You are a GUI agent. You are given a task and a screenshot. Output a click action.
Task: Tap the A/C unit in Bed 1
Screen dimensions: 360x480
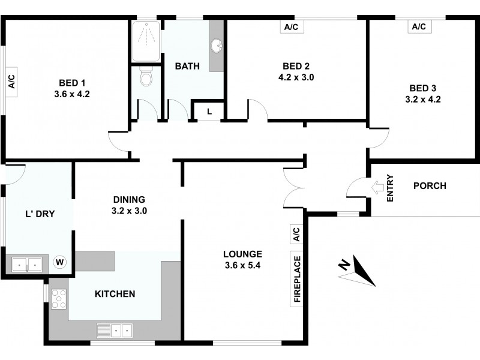click(x=11, y=83)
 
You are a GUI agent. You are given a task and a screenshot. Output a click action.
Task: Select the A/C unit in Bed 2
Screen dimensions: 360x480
click(x=292, y=27)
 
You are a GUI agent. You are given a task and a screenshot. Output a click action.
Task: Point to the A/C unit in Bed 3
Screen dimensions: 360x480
click(x=418, y=27)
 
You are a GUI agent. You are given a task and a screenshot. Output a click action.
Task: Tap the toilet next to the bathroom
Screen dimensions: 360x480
click(x=146, y=77)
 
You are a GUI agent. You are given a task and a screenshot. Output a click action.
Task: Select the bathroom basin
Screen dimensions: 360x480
click(x=217, y=46)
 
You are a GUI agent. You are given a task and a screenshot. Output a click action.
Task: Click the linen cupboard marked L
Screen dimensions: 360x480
click(x=209, y=111)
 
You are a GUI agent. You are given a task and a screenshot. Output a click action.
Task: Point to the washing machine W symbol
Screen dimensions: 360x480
click(x=60, y=262)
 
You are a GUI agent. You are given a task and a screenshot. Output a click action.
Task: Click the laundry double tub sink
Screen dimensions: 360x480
click(x=28, y=264)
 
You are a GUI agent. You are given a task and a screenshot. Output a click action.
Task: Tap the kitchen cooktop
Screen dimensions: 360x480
click(x=59, y=298)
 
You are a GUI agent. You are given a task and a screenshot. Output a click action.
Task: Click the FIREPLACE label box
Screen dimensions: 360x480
click(x=296, y=280)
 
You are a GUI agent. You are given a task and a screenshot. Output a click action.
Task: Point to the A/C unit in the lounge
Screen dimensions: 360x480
click(x=296, y=233)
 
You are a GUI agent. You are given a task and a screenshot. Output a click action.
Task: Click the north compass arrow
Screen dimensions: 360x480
click(x=358, y=270)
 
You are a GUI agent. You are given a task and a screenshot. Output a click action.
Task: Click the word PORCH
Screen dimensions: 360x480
click(x=430, y=185)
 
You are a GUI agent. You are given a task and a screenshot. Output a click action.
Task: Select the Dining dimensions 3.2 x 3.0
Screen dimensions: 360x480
click(x=129, y=211)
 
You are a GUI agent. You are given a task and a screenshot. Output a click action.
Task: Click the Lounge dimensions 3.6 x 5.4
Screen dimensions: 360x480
click(x=242, y=265)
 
